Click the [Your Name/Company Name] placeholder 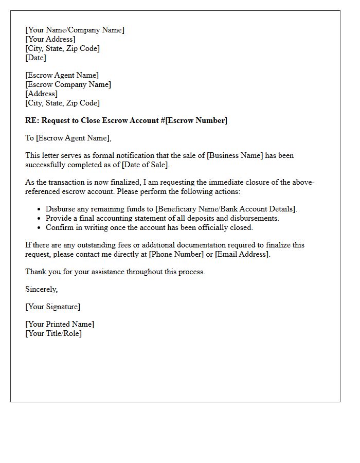click(75, 30)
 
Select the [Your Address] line click(50, 39)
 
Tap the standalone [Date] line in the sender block click(35, 58)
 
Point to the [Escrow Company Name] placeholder click(68, 84)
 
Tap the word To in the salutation click(30, 138)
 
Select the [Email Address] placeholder click(242, 254)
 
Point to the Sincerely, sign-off click(41, 289)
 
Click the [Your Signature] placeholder click(52, 307)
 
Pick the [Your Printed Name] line click(60, 324)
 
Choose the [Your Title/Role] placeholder click(53, 333)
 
